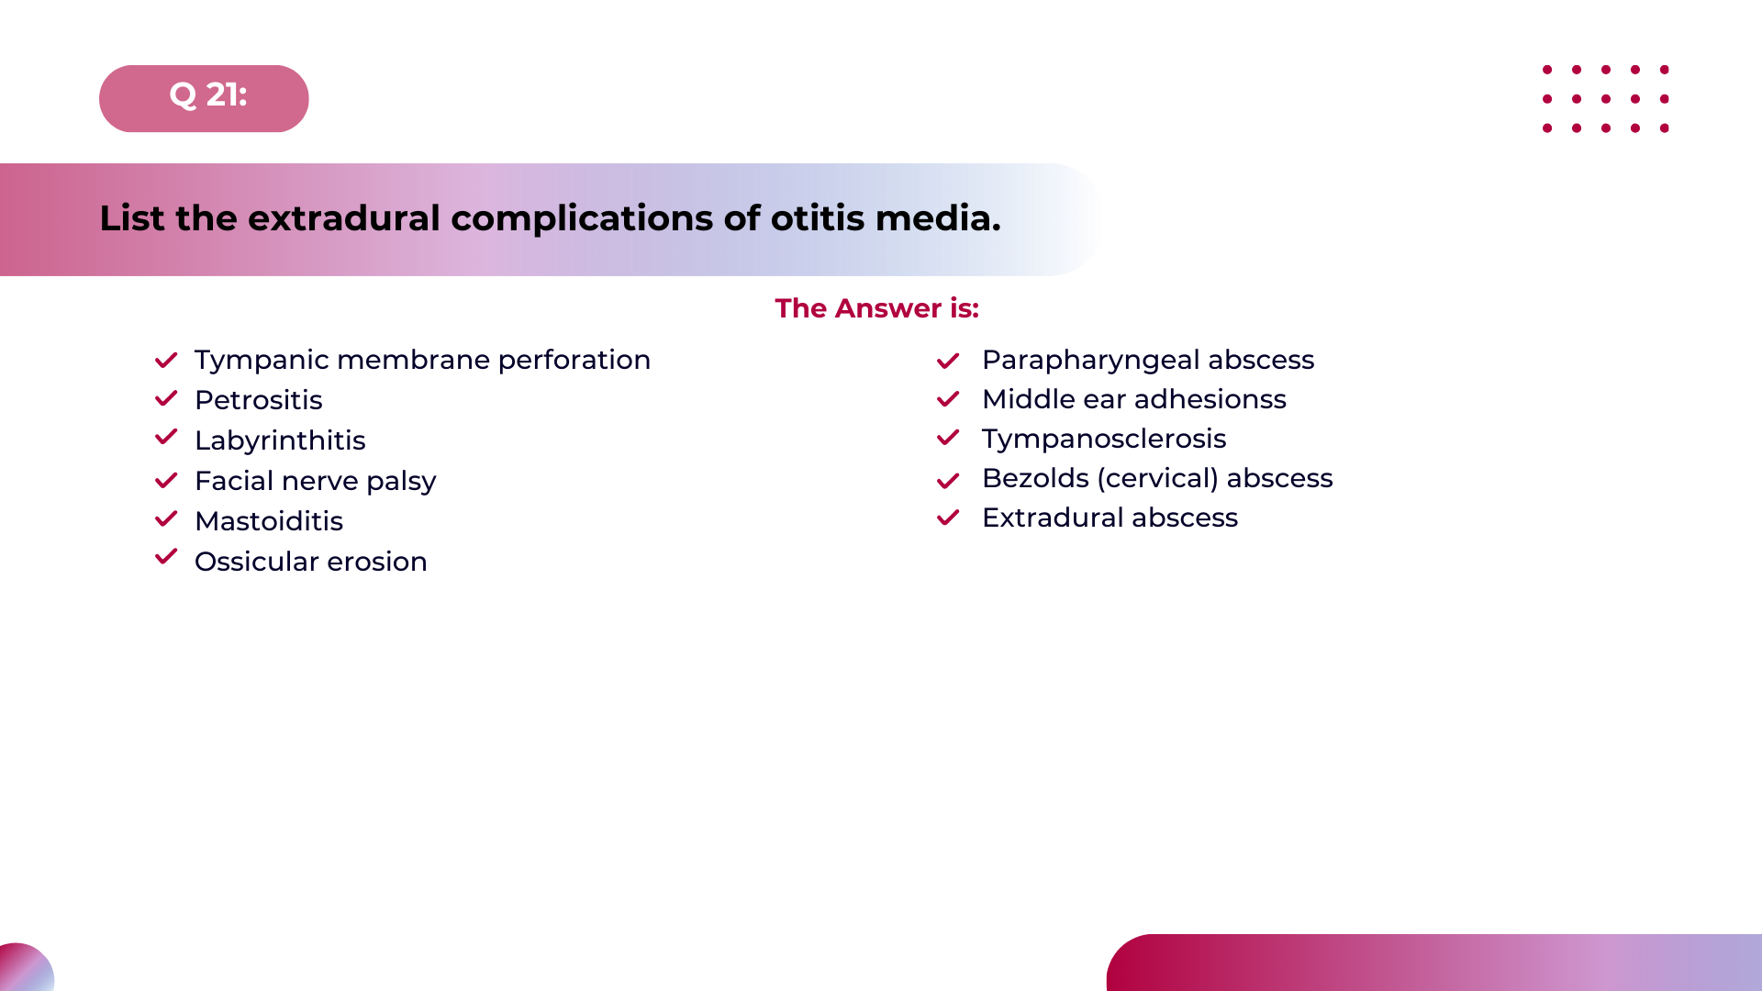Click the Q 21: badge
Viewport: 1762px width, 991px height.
point(204,98)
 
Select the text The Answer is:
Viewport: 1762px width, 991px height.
point(876,308)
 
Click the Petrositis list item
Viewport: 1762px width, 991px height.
point(258,400)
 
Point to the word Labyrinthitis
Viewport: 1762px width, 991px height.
point(280,440)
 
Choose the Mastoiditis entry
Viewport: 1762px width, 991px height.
point(269,521)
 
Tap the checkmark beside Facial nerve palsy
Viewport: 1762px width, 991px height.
point(166,481)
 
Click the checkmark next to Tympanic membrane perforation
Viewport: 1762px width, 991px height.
point(166,361)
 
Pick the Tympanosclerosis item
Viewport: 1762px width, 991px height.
point(1103,439)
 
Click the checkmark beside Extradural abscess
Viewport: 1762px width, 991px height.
point(948,518)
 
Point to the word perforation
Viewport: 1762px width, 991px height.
point(574,360)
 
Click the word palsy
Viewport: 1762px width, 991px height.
point(401,482)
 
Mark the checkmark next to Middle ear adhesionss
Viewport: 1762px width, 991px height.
point(948,400)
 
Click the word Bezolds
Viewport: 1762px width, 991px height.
point(1035,478)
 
